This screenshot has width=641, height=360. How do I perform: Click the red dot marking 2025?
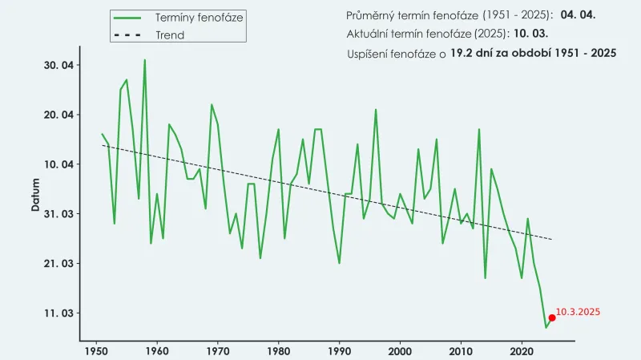552,318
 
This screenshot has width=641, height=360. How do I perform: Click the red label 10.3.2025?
578,311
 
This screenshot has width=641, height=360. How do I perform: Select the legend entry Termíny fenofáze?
200,17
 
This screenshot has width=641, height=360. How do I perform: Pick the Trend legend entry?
170,35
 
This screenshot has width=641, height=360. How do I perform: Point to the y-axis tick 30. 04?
57,65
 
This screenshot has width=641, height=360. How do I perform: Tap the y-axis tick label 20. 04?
57,115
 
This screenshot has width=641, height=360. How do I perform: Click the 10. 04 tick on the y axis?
57,164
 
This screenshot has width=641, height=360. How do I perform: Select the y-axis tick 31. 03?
57,214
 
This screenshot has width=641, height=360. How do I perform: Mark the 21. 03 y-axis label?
57,264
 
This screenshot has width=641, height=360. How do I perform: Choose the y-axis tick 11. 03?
57,313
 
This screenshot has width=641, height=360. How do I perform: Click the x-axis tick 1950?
96,351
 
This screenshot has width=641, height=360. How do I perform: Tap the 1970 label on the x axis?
218,351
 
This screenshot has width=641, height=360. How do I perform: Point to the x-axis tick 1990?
339,351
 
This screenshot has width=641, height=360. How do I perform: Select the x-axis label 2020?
522,351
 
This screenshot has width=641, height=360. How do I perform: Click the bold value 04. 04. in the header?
579,15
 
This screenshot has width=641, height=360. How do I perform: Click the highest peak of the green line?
145,60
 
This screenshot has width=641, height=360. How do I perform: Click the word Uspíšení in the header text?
369,54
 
